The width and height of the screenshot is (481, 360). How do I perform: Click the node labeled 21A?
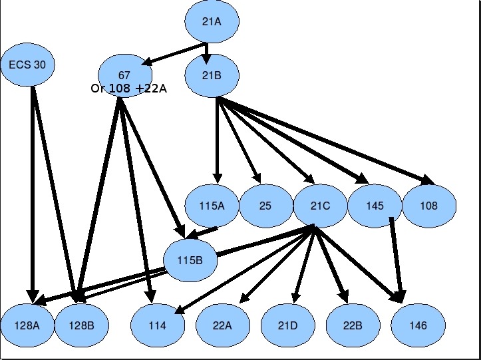coord(212,21)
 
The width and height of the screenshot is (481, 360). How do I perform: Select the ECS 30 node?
coord(27,65)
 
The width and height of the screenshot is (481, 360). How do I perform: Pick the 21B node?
coord(212,75)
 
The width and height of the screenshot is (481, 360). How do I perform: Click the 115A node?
coord(212,206)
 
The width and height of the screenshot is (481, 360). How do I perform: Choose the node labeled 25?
coord(265,206)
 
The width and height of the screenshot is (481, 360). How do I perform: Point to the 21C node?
coord(320,206)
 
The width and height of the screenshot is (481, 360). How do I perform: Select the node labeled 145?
coord(375,206)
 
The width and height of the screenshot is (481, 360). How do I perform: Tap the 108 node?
coord(429,206)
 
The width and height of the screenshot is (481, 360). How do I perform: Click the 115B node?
coord(190,260)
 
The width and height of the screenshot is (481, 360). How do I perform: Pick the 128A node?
coord(28,325)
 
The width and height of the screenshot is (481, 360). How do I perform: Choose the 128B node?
coord(81,325)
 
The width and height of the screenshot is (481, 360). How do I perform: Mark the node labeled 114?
coord(157,325)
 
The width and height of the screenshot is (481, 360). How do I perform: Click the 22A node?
coord(223,325)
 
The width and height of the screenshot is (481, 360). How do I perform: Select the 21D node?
coord(287,325)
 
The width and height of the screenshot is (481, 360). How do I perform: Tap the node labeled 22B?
coord(353,325)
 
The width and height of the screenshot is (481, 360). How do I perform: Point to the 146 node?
coord(418,325)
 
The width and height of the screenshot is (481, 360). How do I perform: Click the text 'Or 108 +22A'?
coord(128,88)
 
